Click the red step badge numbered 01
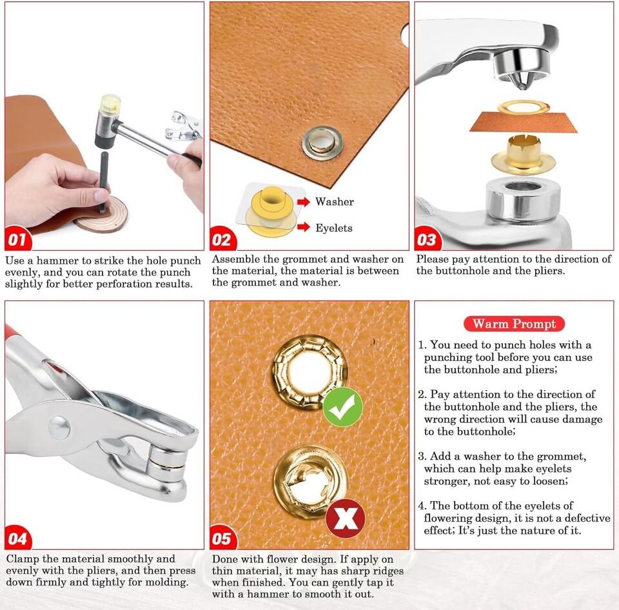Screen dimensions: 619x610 point(17,239)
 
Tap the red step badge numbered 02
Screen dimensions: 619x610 point(222,239)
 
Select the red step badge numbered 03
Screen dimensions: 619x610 point(427,239)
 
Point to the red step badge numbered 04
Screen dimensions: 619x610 point(18,537)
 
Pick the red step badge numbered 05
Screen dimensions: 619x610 point(223,537)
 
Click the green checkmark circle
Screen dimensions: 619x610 point(342,407)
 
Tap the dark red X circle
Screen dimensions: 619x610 point(346,518)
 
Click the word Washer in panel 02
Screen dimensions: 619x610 point(335,202)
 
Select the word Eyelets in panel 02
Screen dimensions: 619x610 point(333,228)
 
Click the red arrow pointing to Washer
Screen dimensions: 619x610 point(304,202)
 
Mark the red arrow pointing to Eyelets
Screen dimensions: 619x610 point(304,227)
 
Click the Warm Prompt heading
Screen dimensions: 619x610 point(514,324)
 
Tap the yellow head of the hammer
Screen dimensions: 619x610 point(110,103)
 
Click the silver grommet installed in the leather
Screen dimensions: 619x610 point(322,143)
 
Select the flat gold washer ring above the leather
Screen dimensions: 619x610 point(524,106)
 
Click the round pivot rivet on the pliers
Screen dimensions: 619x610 point(59,428)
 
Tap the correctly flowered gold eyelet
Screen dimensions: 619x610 point(309,372)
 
